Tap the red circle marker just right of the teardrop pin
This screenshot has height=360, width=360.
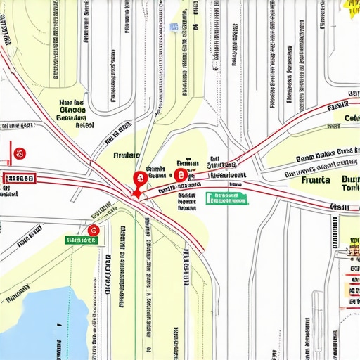pyautogui.click(x=181, y=175)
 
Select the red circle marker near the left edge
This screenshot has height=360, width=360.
pyautogui.click(x=20, y=152)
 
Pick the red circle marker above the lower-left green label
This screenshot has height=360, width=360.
pyautogui.click(x=93, y=230)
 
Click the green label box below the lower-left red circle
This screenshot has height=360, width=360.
pyautogui.click(x=80, y=240)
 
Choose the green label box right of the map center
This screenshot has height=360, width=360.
pyautogui.click(x=226, y=198)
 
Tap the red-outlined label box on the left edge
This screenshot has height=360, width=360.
pyautogui.click(x=20, y=178)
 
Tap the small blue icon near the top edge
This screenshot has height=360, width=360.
pyautogui.click(x=173, y=27)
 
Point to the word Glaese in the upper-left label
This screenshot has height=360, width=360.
pyautogui.click(x=72, y=110)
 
